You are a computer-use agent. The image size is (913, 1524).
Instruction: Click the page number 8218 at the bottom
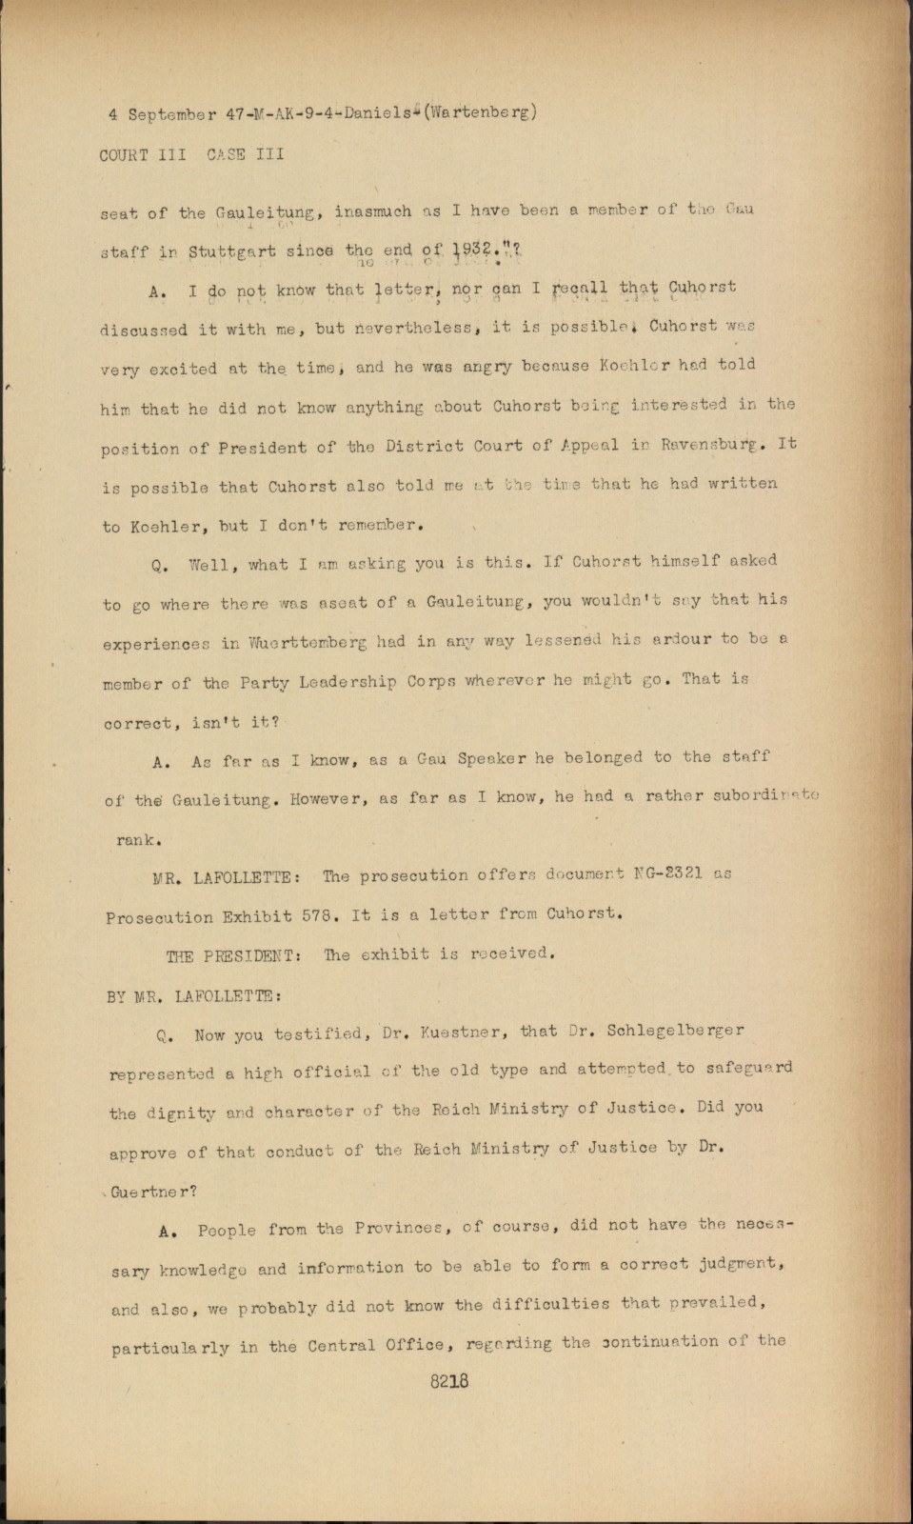449,1381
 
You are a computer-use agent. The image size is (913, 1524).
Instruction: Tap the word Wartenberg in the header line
480,111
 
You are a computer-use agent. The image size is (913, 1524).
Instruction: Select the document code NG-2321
657,873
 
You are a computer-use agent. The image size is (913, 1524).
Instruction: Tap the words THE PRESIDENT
232,955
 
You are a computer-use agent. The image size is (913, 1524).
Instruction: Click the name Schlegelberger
675,1032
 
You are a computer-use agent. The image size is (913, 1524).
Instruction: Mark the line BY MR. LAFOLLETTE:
193,996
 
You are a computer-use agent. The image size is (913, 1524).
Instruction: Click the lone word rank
137,840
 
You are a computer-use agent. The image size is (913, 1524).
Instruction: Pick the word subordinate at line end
764,796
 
